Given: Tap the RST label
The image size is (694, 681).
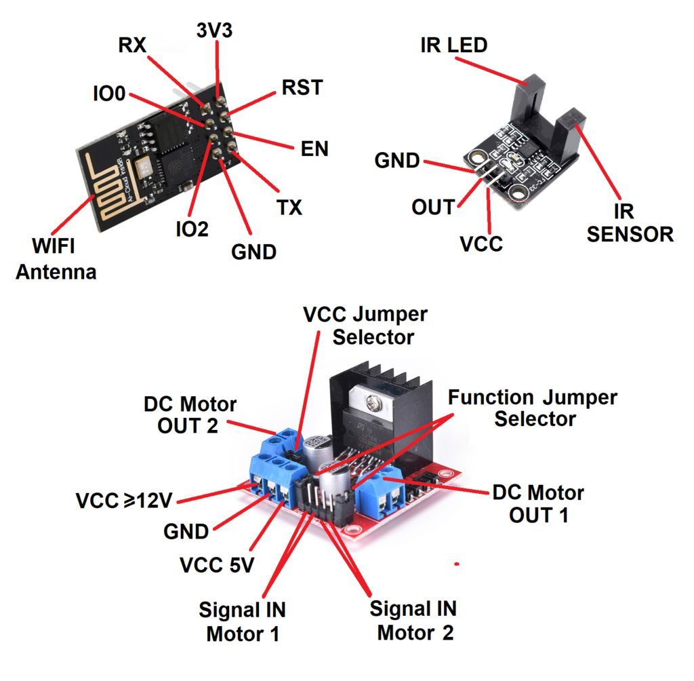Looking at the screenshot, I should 302,88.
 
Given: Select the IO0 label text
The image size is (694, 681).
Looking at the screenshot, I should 109,94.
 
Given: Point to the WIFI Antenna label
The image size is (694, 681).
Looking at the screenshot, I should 56,258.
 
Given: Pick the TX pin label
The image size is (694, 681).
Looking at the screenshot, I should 289,207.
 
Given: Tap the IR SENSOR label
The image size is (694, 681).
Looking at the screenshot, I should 630,223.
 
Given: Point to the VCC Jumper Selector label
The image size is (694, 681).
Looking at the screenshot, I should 365,326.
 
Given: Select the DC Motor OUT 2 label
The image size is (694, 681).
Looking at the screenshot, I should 190,416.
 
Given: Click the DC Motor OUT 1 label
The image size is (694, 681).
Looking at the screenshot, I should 538,503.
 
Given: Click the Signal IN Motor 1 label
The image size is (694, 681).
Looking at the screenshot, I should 242,622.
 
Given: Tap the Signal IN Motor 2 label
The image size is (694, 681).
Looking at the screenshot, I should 413,620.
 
